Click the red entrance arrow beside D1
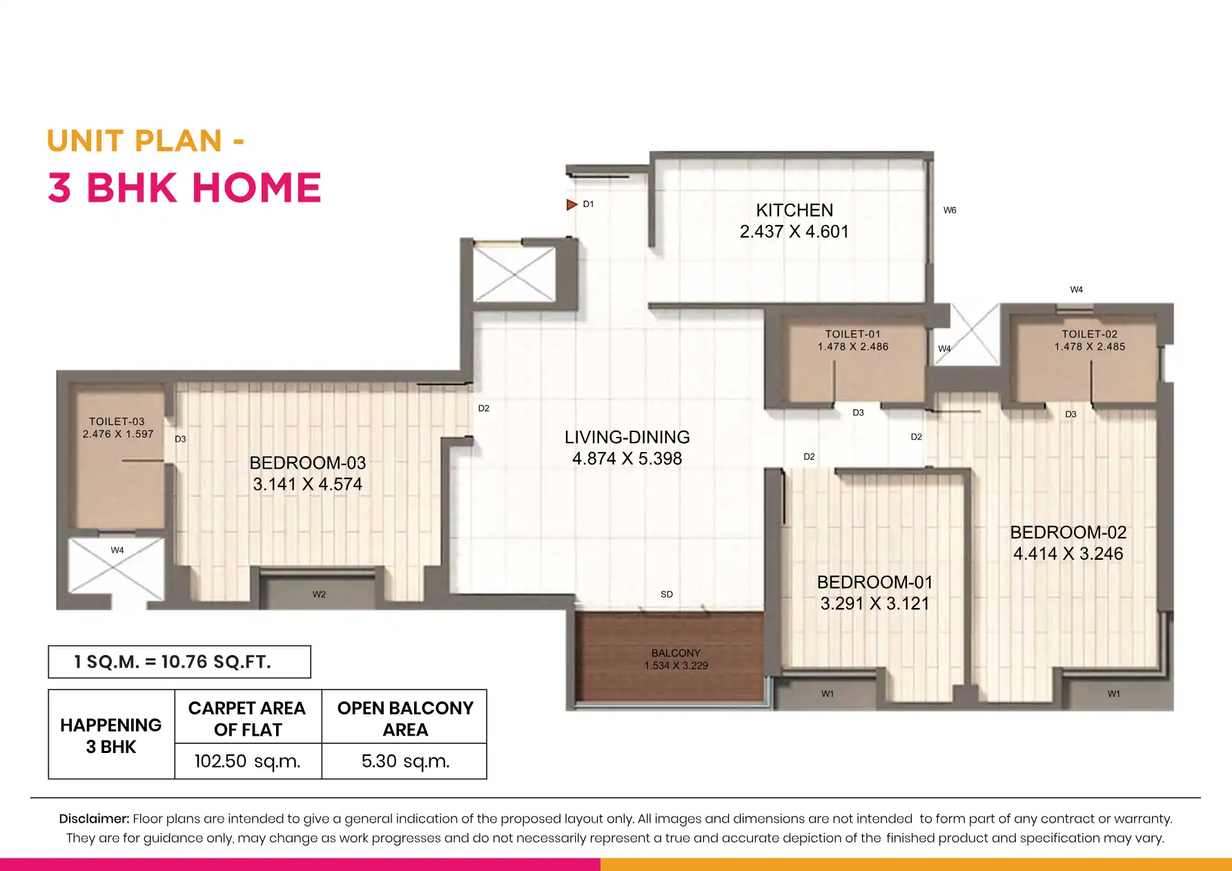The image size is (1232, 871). click(571, 204)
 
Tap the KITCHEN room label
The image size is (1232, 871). click(794, 211)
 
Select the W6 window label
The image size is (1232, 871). click(950, 211)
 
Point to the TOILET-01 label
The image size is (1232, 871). click(853, 334)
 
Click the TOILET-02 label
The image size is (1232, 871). click(1090, 334)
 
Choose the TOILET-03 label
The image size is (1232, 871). click(117, 422)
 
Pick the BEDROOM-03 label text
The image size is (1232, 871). click(308, 463)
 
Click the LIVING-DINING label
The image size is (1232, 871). click(627, 438)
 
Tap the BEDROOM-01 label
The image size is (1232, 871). click(875, 583)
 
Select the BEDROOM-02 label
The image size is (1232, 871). click(1068, 533)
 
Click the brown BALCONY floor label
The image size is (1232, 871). click(676, 653)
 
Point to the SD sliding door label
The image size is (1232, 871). click(667, 594)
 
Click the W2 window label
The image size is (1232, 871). click(319, 594)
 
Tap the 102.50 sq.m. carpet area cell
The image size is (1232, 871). click(248, 761)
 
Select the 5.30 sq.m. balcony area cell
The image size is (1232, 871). click(405, 761)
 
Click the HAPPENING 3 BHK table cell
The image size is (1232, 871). click(111, 735)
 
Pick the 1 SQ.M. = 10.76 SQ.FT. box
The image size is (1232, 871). click(179, 662)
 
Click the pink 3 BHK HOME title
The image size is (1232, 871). click(184, 188)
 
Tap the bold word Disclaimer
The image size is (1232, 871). click(94, 819)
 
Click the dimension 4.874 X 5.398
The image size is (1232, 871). click(627, 459)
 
